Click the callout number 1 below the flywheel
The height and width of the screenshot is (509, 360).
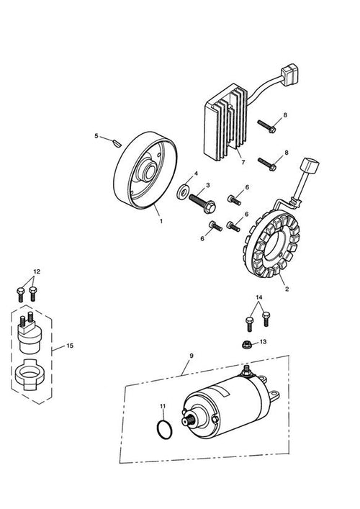[161, 221]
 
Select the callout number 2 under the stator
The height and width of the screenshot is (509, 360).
[287, 289]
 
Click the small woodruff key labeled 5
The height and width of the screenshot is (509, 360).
[117, 143]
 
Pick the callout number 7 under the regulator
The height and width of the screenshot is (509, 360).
[243, 162]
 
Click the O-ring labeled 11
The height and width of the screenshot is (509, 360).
[165, 430]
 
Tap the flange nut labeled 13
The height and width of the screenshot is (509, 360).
[248, 343]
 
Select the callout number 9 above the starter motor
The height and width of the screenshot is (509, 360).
[192, 356]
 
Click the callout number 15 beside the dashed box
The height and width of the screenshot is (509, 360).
[70, 346]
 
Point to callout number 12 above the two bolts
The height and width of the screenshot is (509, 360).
[37, 271]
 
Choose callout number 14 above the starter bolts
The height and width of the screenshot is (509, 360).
[259, 297]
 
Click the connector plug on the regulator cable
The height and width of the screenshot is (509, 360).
[289, 74]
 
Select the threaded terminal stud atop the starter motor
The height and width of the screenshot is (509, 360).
[246, 369]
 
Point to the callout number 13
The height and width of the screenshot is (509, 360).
[263, 342]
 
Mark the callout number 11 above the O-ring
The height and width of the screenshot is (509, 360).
[163, 406]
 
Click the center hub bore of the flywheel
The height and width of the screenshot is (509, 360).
[150, 172]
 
